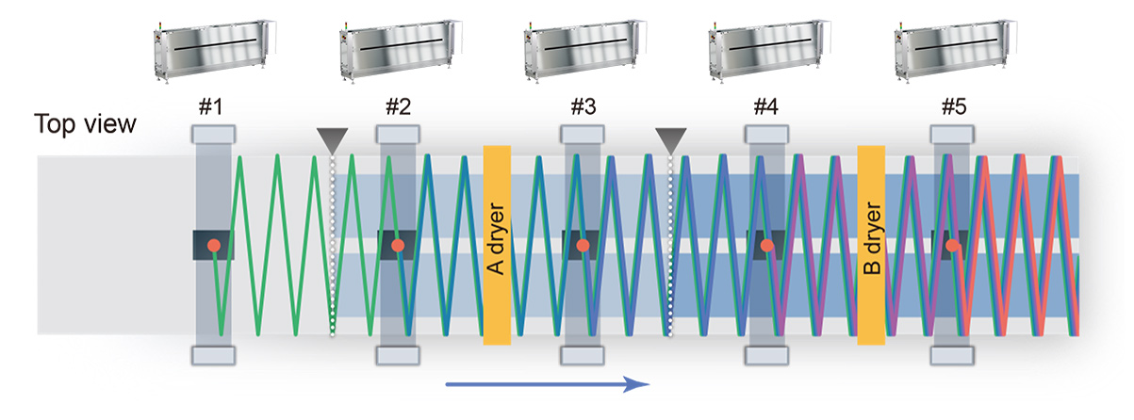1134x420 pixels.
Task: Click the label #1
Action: [211, 108]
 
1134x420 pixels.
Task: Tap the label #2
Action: [397, 108]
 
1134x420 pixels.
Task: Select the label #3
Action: [583, 108]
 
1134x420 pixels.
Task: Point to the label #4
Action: [766, 108]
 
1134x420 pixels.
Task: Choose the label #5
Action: [953, 108]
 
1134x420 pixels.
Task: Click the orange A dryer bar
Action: [497, 245]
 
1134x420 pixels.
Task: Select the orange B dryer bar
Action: [871, 245]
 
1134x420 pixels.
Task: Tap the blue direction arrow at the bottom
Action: [547, 383]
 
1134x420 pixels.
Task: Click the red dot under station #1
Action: [214, 246]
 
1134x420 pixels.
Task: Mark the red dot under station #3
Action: [583, 246]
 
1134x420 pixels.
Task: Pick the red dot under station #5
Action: [953, 246]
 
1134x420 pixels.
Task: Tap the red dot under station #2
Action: [398, 246]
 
